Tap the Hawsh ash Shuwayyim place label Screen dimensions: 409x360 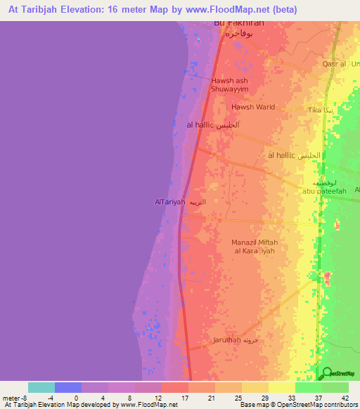click(x=231, y=84)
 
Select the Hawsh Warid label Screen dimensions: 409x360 click(x=253, y=108)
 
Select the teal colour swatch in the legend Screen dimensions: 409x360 click(x=41, y=387)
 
